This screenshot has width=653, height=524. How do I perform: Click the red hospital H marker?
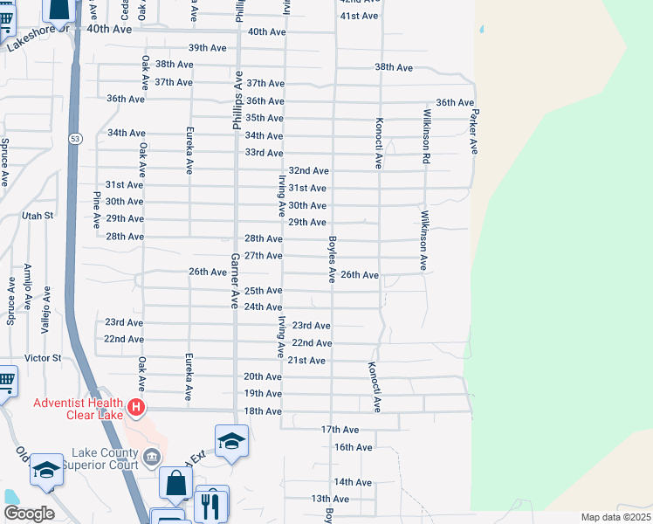(x=135, y=407)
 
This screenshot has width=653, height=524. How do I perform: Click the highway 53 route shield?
(x=77, y=139)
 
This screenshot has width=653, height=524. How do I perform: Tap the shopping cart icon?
(x=5, y=381)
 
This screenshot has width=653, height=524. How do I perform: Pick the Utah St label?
(x=38, y=215)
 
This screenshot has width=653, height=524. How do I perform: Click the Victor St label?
(x=43, y=358)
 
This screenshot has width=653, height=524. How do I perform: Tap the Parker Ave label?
(x=474, y=132)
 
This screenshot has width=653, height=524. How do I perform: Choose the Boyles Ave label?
(x=332, y=258)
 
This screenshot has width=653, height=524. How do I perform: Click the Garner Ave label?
(x=234, y=281)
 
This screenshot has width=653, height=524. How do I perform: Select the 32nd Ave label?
(x=308, y=171)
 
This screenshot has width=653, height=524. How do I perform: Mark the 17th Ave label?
(x=340, y=430)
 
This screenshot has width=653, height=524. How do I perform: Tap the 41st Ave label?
(x=360, y=17)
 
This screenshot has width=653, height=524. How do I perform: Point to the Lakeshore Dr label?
(x=37, y=38)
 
